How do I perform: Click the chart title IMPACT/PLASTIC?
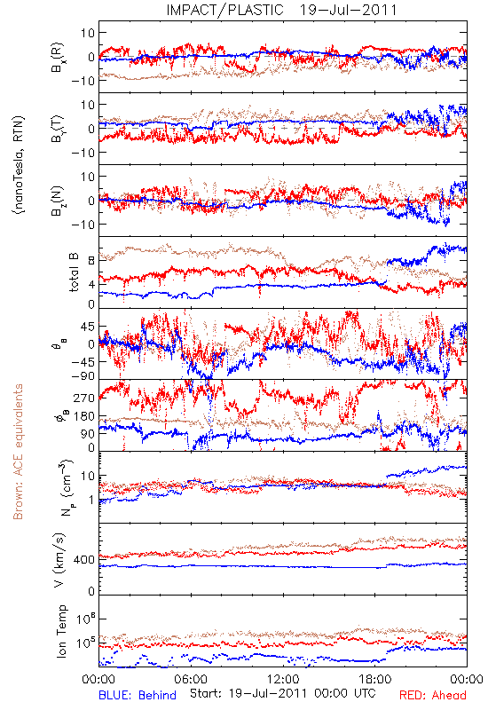[x=224, y=10]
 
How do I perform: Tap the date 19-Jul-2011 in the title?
[x=348, y=10]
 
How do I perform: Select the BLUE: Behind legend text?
[x=138, y=695]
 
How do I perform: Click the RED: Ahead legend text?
[x=433, y=695]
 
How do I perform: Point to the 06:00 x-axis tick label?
[x=191, y=679]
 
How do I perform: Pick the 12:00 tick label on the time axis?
[x=283, y=679]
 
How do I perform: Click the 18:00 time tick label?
[x=375, y=679]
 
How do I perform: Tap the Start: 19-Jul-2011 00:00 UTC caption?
[x=283, y=694]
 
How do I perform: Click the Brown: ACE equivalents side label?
[x=18, y=452]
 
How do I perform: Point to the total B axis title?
[x=74, y=272]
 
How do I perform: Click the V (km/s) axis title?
[x=59, y=560]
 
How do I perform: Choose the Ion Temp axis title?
[x=61, y=631]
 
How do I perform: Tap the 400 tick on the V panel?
[x=84, y=560]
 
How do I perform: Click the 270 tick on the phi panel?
[x=84, y=398]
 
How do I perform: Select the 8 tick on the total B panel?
[x=91, y=261]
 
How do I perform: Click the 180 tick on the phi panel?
[x=84, y=415]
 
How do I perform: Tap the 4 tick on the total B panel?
[x=91, y=285]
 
